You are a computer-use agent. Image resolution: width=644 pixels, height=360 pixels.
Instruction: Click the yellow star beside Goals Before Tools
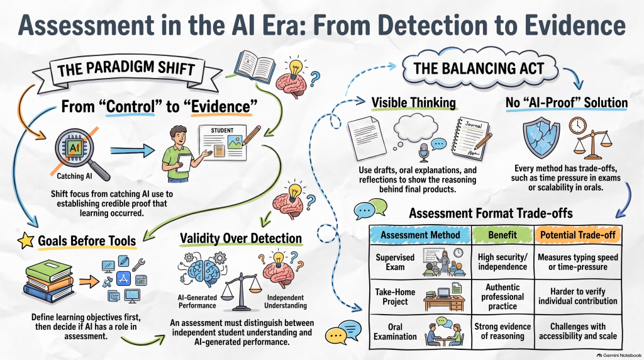tap(26, 240)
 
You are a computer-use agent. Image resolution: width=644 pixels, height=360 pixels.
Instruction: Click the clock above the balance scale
tap(577, 125)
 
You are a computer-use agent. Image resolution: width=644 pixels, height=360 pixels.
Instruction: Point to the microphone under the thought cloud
tap(423, 152)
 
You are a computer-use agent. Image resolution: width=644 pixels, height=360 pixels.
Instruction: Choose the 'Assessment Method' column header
tap(420, 235)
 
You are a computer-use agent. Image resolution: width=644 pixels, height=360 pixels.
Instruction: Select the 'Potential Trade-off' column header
tap(577, 235)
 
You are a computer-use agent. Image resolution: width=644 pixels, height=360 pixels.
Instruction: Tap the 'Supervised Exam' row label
tap(395, 262)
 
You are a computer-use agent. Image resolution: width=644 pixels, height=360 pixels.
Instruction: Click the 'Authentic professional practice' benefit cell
tap(502, 296)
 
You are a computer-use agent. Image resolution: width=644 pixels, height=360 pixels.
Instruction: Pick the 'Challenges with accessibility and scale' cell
tap(577, 331)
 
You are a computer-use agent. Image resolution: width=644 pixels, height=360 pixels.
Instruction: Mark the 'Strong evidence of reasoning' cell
tap(502, 331)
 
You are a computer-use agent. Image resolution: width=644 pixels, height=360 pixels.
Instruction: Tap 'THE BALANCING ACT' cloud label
tap(479, 68)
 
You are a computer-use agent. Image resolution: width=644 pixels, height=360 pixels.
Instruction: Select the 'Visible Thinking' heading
tap(414, 103)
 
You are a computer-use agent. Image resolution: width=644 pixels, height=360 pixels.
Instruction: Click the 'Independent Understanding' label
tap(285, 301)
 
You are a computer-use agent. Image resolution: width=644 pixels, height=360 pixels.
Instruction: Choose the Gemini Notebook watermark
tap(619, 356)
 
